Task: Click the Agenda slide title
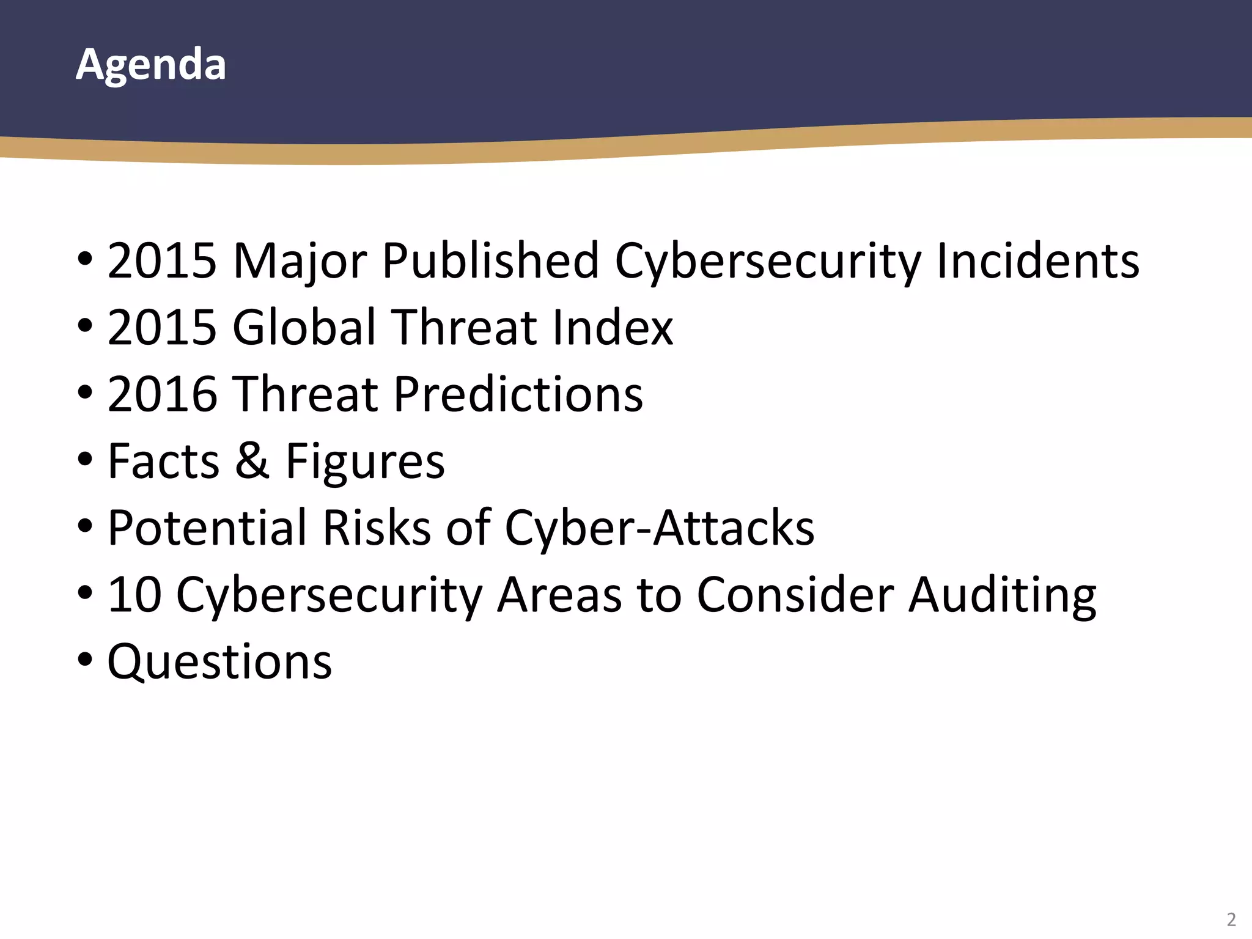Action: [x=151, y=64]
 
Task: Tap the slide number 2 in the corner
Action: [x=1231, y=919]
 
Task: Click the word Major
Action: [x=299, y=261]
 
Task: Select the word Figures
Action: [x=365, y=462]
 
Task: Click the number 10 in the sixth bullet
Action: [x=134, y=594]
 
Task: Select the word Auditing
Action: [x=1003, y=595]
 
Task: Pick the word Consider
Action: [x=795, y=594]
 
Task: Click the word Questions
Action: [x=220, y=661]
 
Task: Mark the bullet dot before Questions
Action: [x=85, y=659]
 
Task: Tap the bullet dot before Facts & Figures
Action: [x=85, y=458]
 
